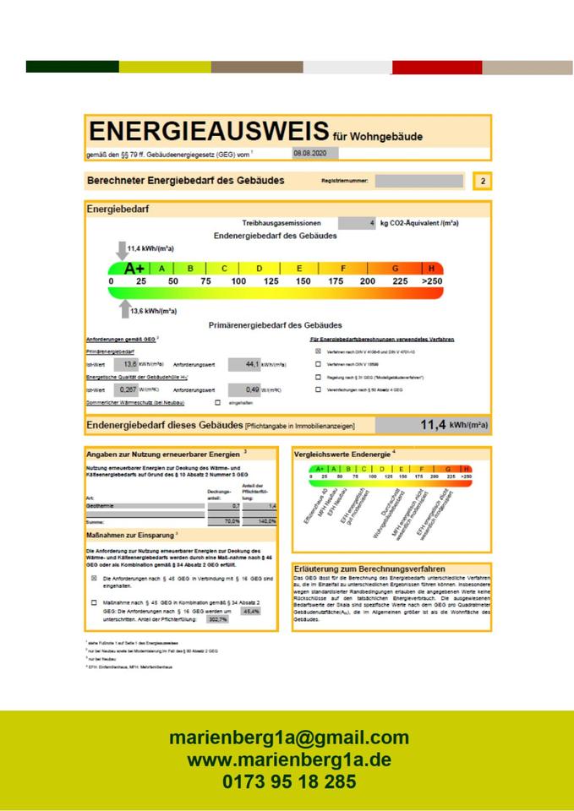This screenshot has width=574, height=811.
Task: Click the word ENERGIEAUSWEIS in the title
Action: (x=208, y=132)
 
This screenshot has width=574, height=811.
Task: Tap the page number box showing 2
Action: (x=482, y=181)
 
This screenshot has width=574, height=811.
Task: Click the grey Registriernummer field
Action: (x=419, y=181)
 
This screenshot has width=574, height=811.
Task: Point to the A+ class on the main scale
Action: (x=134, y=268)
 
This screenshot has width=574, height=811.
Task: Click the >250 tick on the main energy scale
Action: (x=431, y=281)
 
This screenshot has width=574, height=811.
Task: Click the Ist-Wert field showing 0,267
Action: (x=128, y=389)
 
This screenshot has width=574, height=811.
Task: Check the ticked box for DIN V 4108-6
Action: (x=319, y=351)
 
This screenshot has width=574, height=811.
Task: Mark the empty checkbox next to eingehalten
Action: (x=217, y=403)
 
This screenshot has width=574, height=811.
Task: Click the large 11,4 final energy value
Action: (x=431, y=425)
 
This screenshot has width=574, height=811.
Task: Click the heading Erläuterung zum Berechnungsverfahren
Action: (x=369, y=569)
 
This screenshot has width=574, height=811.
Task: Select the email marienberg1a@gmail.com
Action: (x=288, y=738)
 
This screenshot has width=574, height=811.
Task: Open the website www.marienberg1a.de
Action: (x=288, y=759)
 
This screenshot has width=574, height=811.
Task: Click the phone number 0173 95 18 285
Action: (x=288, y=781)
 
